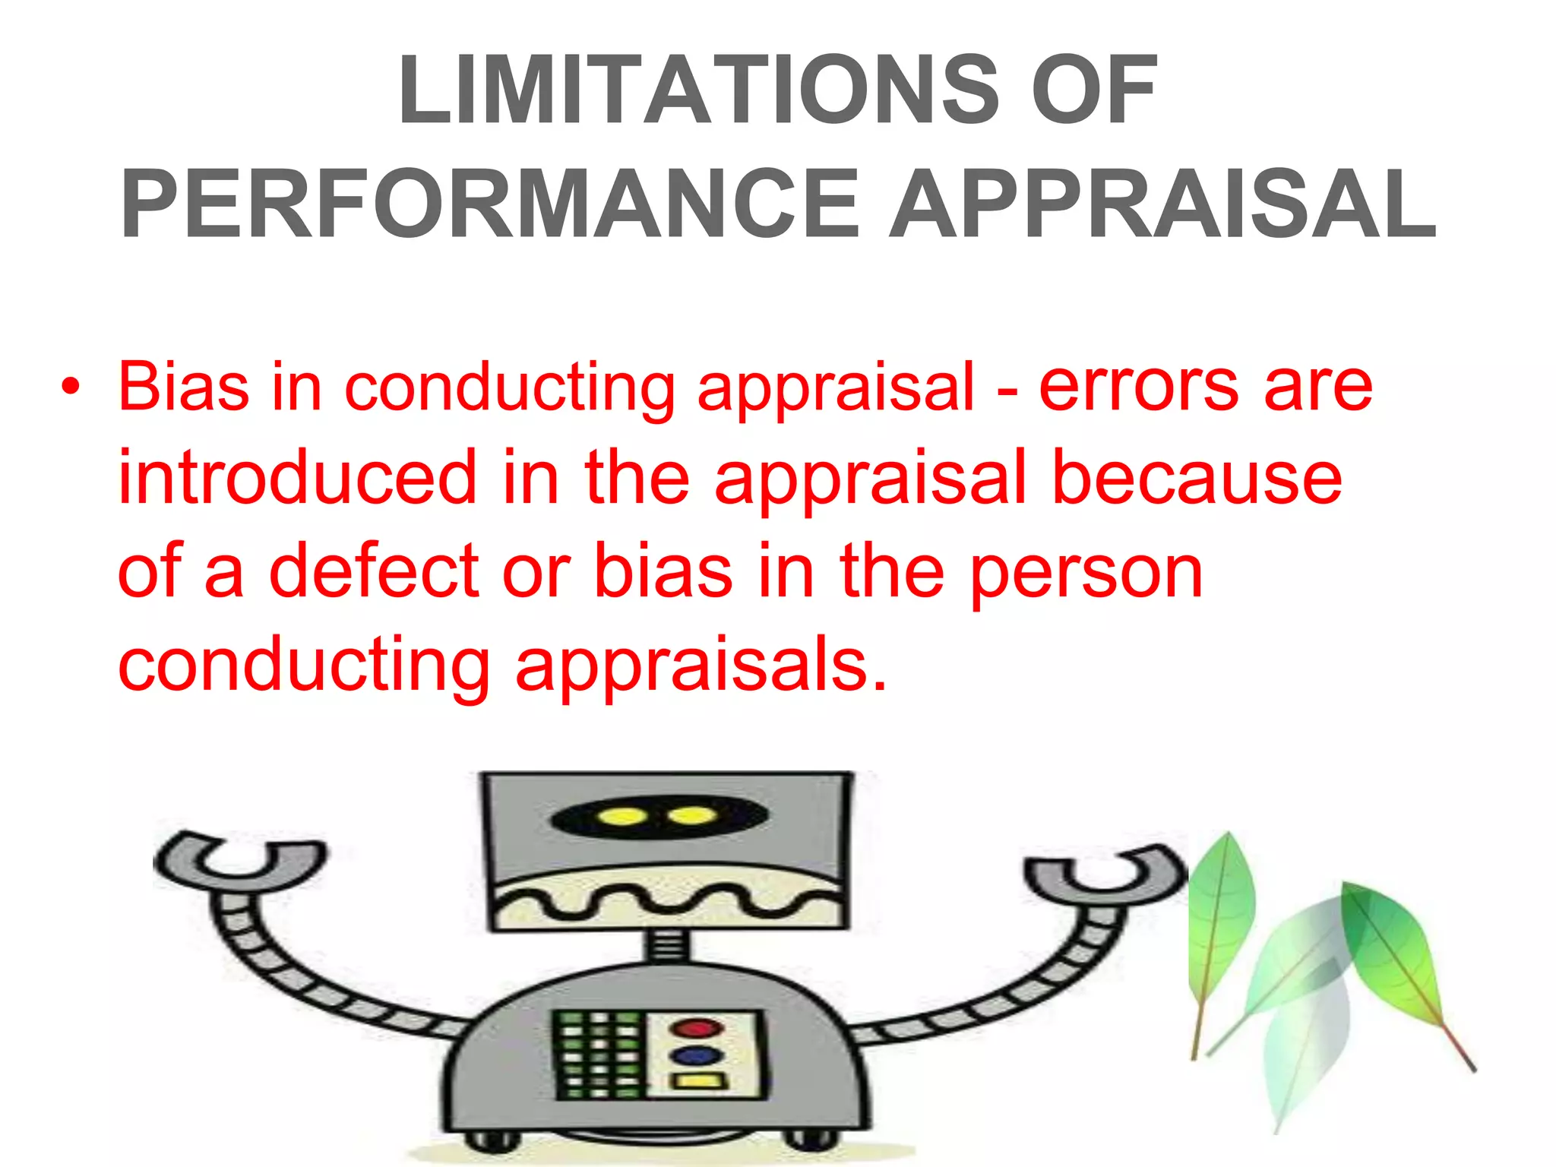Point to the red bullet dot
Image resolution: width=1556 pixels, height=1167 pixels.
point(71,387)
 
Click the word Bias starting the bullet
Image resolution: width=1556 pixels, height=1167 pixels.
point(183,387)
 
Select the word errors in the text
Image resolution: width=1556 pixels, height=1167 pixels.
point(1140,387)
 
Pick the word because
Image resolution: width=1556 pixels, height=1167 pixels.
point(1197,479)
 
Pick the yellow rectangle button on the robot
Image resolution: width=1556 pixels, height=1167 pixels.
point(697,1082)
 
